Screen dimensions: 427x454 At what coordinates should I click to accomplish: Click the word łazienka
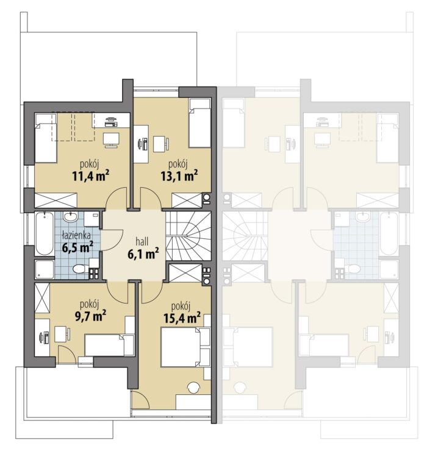coord(77,235)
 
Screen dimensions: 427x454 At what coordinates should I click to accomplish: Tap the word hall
coord(142,241)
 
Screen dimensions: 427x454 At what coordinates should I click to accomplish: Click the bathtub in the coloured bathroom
coord(44,233)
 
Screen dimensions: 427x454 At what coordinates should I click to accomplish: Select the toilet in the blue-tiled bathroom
coord(81,269)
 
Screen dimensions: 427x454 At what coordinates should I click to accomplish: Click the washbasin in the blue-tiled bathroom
coord(70,217)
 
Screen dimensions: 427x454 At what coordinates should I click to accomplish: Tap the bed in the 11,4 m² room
coord(46,138)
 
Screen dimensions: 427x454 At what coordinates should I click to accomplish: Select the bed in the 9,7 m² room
coord(109,345)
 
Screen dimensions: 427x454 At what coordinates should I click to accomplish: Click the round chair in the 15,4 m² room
coord(194,388)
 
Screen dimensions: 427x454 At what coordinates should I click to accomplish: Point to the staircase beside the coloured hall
coord(188,236)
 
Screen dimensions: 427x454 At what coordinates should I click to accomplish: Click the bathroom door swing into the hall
coord(112,240)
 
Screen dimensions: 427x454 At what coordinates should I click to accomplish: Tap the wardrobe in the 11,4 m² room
coord(56,200)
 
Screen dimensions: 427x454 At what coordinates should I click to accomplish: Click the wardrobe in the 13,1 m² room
coord(187,200)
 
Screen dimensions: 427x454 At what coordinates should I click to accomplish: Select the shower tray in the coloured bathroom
coord(45,269)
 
